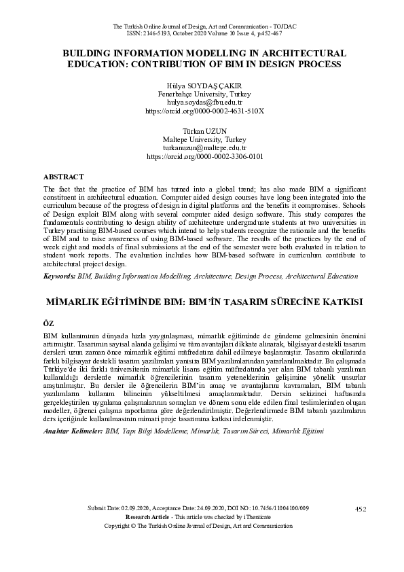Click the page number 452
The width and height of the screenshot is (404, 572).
(361, 509)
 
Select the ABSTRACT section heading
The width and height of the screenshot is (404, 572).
(63, 177)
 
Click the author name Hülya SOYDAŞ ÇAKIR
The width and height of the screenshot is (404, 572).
(204, 86)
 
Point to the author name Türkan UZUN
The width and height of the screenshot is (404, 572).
(204, 132)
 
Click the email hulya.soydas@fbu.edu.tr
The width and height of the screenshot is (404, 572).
(204, 101)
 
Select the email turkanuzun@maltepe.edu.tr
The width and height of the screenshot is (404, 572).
(204, 147)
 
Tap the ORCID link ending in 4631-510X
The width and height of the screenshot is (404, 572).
(204, 109)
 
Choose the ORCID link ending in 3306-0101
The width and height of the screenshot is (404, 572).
(204, 156)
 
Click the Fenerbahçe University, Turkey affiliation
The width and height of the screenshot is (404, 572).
(204, 94)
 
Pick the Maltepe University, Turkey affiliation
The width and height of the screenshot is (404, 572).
(204, 140)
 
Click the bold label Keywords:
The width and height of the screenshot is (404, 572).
(59, 276)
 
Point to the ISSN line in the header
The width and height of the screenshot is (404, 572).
(204, 33)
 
